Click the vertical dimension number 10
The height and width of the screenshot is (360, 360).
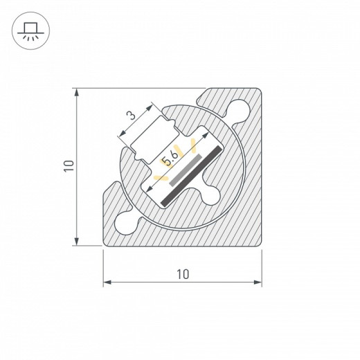click(x=67, y=165)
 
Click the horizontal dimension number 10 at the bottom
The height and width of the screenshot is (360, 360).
click(x=183, y=273)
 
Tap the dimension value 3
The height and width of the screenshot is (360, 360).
click(x=130, y=115)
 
